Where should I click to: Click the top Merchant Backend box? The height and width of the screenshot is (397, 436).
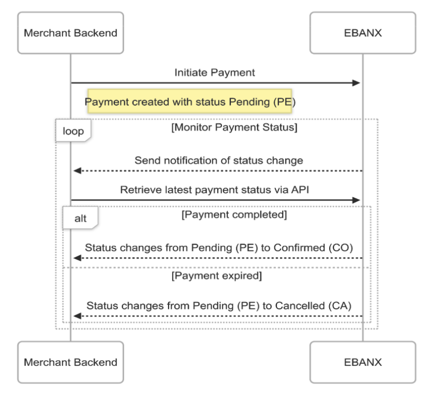point(70,33)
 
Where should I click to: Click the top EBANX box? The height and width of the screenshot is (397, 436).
point(363,33)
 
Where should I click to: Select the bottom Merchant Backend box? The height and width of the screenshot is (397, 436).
point(70,362)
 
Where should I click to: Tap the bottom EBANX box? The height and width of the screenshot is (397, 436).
point(363,362)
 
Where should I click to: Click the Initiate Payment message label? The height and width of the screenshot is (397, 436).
point(215,72)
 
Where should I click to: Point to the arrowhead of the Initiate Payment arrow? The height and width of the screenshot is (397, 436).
point(357,83)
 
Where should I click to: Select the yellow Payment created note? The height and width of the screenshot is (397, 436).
point(190,101)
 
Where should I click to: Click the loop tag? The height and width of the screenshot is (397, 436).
point(73,131)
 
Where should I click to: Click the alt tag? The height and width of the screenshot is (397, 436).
point(80,218)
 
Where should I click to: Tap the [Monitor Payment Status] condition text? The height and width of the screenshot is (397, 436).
point(234,127)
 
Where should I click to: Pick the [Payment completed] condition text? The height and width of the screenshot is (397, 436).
point(234,215)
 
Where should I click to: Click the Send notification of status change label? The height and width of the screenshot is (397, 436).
point(218,160)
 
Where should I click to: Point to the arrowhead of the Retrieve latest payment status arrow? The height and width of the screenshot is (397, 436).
point(357,200)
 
